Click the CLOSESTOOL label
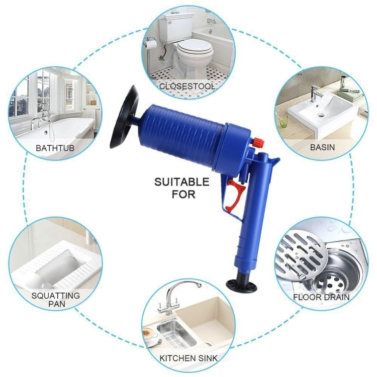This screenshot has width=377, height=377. click(x=187, y=86)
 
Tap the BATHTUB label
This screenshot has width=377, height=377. click(x=56, y=148)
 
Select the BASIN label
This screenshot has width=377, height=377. click(x=322, y=148)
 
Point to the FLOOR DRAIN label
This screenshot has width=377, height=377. click(x=322, y=297)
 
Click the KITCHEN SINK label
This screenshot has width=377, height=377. click(x=189, y=358)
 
